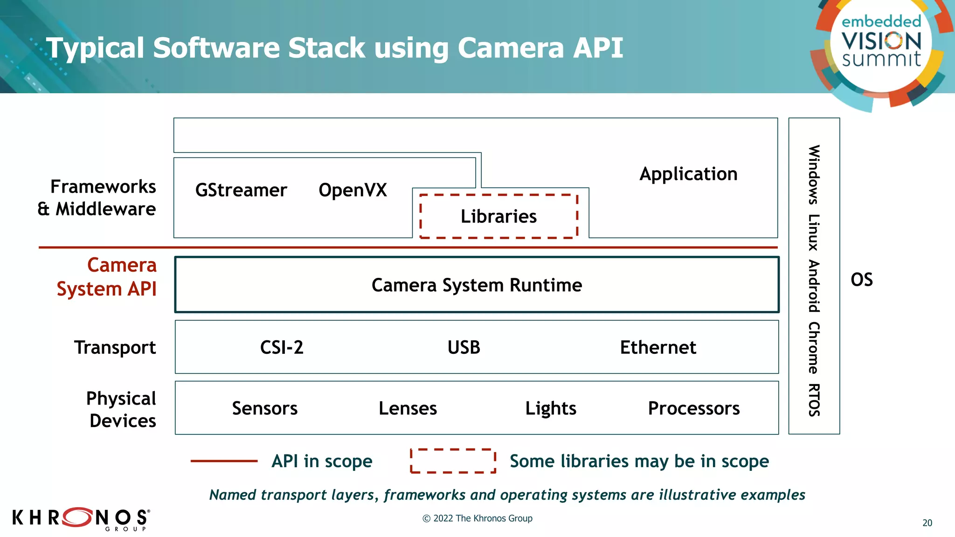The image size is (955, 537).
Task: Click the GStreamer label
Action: coord(241,190)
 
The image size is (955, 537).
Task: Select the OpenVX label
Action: coord(353,190)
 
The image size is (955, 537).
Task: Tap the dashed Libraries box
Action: coord(498,216)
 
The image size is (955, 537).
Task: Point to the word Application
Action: coord(688,174)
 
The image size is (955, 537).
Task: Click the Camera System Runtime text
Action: coord(477,285)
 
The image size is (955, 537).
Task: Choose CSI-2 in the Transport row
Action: coord(282,347)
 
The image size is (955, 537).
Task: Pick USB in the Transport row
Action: coord(464,347)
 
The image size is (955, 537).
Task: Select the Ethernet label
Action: coord(657,347)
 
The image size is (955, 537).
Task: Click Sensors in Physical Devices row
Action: coord(264,408)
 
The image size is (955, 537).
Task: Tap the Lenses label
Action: coord(408,408)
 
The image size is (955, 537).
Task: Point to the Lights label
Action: coord(551,408)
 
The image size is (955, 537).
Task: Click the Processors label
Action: coord(693,408)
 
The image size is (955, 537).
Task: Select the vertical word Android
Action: coord(814,286)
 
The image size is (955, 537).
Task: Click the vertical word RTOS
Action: coord(814,399)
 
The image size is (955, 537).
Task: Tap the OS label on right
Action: coord(861,280)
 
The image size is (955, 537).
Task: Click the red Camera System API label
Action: coord(107,277)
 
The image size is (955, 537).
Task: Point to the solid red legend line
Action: coord(224,461)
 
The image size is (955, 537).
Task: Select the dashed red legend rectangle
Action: coord(453,461)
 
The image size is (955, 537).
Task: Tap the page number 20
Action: coord(927,523)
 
